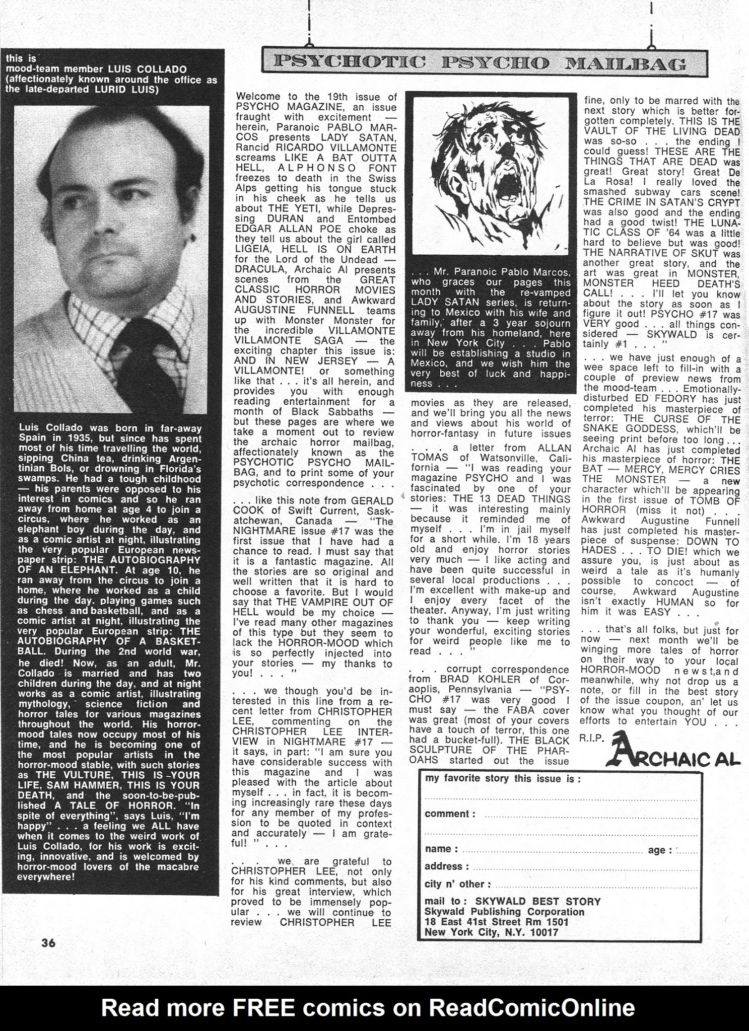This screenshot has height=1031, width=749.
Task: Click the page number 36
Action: click(x=48, y=943)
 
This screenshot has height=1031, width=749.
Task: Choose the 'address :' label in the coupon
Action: click(x=447, y=866)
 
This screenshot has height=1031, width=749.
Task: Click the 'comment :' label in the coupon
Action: click(x=450, y=814)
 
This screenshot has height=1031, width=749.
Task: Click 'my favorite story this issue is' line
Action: click(x=503, y=779)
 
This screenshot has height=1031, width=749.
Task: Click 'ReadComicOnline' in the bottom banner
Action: click(x=531, y=1008)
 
